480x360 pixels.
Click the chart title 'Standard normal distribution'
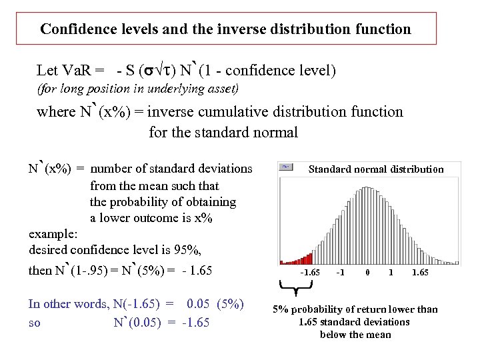click(375, 169)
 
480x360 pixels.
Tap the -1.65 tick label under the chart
click(310, 272)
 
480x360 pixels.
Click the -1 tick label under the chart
click(341, 272)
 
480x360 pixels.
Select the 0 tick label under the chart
click(367, 272)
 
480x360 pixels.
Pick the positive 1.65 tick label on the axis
click(421, 272)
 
